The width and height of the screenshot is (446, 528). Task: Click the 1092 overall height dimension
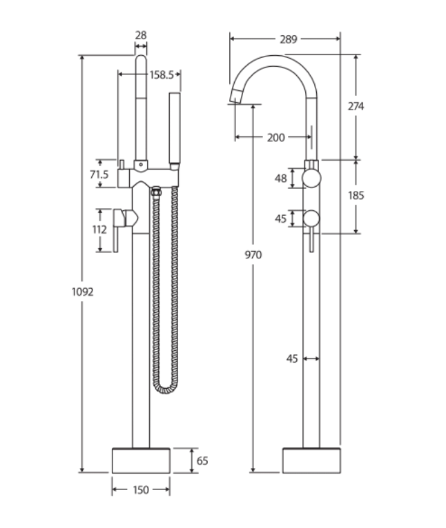point(83,291)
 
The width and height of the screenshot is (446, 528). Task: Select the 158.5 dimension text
point(162,74)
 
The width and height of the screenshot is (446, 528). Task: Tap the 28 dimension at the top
point(141,34)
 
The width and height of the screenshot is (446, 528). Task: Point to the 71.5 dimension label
point(99,175)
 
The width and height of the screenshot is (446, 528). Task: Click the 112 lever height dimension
point(101,230)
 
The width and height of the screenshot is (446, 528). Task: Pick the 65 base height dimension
point(202,460)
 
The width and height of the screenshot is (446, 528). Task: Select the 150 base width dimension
point(141,489)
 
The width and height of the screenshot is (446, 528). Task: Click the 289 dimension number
point(288,39)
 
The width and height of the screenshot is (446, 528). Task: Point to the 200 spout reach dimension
point(275,137)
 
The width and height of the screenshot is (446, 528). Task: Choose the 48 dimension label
point(281,179)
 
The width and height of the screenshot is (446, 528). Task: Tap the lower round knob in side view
point(311,219)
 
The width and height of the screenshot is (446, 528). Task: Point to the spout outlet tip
point(235,99)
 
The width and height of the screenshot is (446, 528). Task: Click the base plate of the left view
point(141,460)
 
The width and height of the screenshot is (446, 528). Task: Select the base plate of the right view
point(311,460)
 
